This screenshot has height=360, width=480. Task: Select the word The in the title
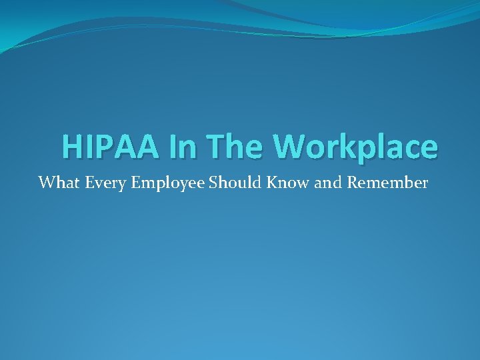[x=237, y=146]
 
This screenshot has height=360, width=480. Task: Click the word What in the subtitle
[x=55, y=183]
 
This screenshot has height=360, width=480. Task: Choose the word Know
[x=283, y=183]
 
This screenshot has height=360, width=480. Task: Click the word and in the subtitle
[x=327, y=183]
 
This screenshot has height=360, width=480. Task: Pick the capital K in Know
[x=270, y=183]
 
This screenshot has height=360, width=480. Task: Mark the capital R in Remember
[x=352, y=183]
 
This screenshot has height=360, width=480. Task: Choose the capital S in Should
[x=213, y=183]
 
